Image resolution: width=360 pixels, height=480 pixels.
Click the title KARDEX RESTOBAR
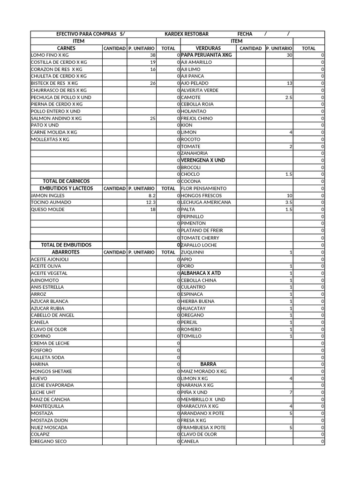187,34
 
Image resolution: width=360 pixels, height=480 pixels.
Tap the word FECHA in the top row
245,34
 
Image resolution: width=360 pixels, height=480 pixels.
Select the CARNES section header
66,48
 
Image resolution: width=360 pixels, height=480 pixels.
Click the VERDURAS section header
208,48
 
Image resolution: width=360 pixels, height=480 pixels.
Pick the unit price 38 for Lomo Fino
153,55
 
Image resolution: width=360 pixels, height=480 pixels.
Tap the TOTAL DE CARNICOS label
66,181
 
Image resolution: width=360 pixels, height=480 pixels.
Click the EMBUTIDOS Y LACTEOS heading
66,188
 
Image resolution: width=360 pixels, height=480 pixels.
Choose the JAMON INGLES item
48,195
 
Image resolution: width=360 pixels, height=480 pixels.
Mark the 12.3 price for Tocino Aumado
151,202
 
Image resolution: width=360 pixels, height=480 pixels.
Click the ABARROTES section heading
66,252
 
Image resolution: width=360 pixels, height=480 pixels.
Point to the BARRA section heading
208,364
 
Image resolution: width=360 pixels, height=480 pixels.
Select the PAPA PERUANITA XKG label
206,55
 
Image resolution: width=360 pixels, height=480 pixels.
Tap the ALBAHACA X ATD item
201,273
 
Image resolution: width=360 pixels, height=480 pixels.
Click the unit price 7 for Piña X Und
291,392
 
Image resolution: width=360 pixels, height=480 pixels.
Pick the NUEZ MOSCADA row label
49,427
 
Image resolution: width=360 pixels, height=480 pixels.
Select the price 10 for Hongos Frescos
290,195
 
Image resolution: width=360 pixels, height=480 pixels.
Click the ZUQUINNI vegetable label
192,252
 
